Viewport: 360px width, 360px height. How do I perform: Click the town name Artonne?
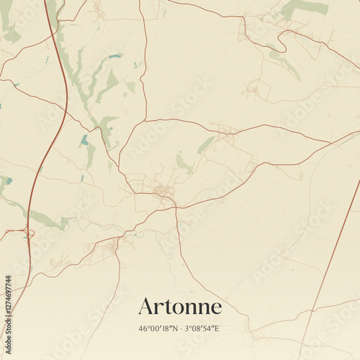[180, 306]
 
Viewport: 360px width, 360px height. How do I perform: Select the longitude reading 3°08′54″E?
[202, 329]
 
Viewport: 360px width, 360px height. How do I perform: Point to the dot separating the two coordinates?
[180, 329]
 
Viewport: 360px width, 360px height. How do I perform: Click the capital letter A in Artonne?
[146, 306]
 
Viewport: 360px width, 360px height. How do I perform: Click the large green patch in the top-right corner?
[302, 9]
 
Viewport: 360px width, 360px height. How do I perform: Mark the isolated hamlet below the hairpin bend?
[253, 90]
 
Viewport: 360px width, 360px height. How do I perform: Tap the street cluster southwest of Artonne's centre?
[108, 248]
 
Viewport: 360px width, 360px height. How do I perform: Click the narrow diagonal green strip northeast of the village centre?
[206, 145]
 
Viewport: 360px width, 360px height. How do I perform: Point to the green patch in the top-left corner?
[9, 25]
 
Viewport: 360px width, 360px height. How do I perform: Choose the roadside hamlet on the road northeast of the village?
[227, 132]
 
